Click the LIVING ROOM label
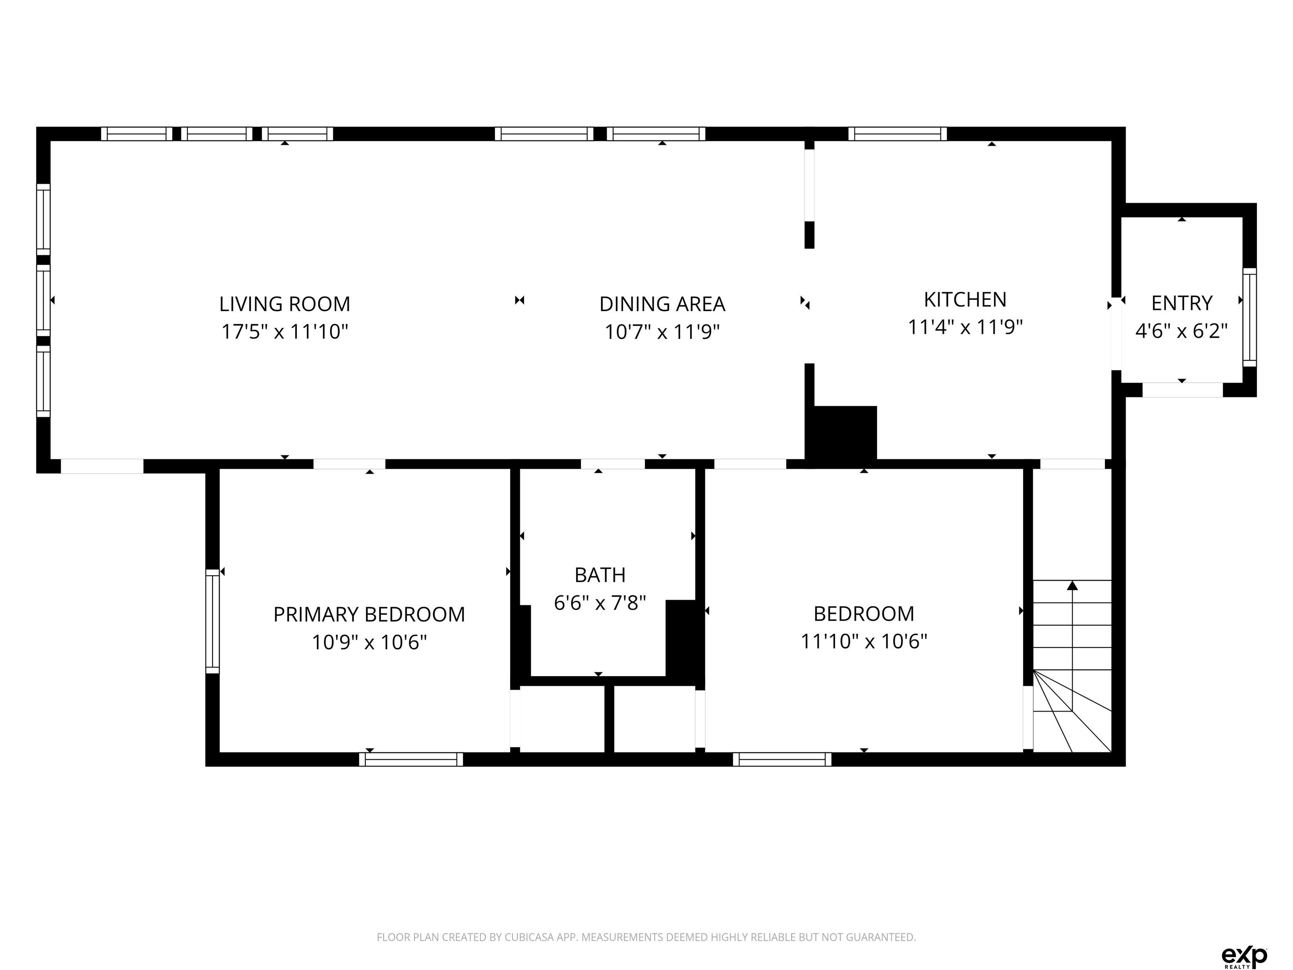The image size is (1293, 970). tap(285, 304)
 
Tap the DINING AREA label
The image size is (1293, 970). tap(662, 304)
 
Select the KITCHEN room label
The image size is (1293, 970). tap(965, 299)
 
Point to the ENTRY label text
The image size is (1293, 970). tap(1181, 303)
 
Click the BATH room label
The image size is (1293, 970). tap(600, 575)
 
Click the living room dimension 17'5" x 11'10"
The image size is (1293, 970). tap(285, 331)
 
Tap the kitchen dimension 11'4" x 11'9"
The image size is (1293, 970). tap(965, 327)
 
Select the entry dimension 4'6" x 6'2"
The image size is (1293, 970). tap(1181, 331)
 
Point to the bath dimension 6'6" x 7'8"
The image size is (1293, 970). tap(600, 602)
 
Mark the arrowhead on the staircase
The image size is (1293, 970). tap(1072, 585)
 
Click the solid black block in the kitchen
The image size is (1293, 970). tap(842, 433)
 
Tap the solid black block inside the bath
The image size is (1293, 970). tap(681, 639)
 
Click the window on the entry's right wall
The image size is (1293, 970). tap(1249, 317)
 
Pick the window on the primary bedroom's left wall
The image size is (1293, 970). tap(212, 621)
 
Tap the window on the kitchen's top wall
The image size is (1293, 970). tap(898, 134)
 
